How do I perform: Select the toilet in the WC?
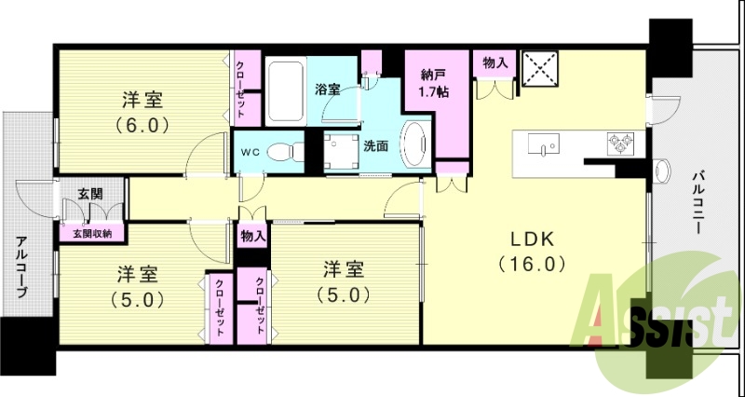(282, 151)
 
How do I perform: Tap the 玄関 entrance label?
(89, 194)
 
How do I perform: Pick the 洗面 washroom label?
(375, 145)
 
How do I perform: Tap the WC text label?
(251, 151)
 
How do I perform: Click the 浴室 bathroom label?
(327, 90)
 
